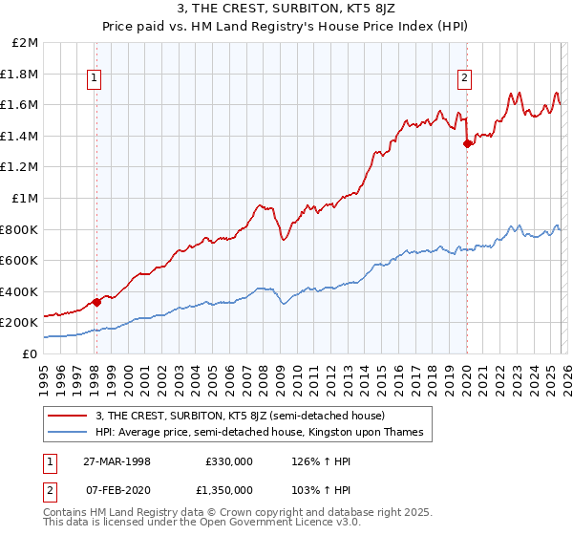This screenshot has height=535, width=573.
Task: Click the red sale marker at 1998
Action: [96, 302]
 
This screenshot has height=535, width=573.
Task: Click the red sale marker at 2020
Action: [467, 144]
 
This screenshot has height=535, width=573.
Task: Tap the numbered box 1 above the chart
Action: [96, 79]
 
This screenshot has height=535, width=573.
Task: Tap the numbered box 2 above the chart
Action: [464, 79]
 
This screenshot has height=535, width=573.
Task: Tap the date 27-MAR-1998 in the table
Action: [117, 461]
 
